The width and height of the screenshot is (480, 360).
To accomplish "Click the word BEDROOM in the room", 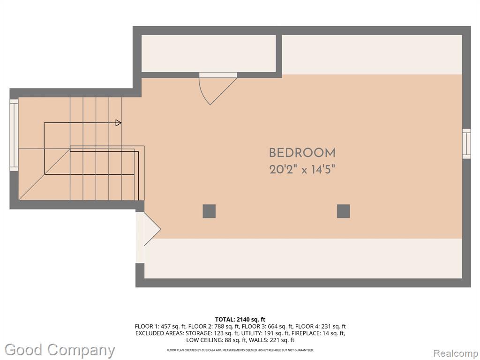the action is [x=302, y=153].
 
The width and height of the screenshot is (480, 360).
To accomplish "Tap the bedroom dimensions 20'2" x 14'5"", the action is [x=302, y=169].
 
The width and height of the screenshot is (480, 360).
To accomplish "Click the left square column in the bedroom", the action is [x=209, y=211].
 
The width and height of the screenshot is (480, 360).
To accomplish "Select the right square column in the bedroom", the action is [x=343, y=211].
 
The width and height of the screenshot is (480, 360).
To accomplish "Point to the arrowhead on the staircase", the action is [x=118, y=123].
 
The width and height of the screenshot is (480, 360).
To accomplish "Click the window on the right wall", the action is [x=466, y=143].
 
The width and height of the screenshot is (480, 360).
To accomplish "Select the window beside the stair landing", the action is [x=14, y=135].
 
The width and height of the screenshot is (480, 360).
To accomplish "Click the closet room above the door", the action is [x=209, y=53].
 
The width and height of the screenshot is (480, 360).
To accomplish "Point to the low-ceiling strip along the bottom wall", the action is [x=303, y=258].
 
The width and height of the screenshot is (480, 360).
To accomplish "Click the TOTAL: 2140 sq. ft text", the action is [x=240, y=320].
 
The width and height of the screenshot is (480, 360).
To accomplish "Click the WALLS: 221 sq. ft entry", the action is [x=272, y=340].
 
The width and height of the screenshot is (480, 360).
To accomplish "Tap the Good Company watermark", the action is [x=60, y=350].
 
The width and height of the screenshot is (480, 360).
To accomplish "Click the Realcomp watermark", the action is [x=456, y=353].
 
